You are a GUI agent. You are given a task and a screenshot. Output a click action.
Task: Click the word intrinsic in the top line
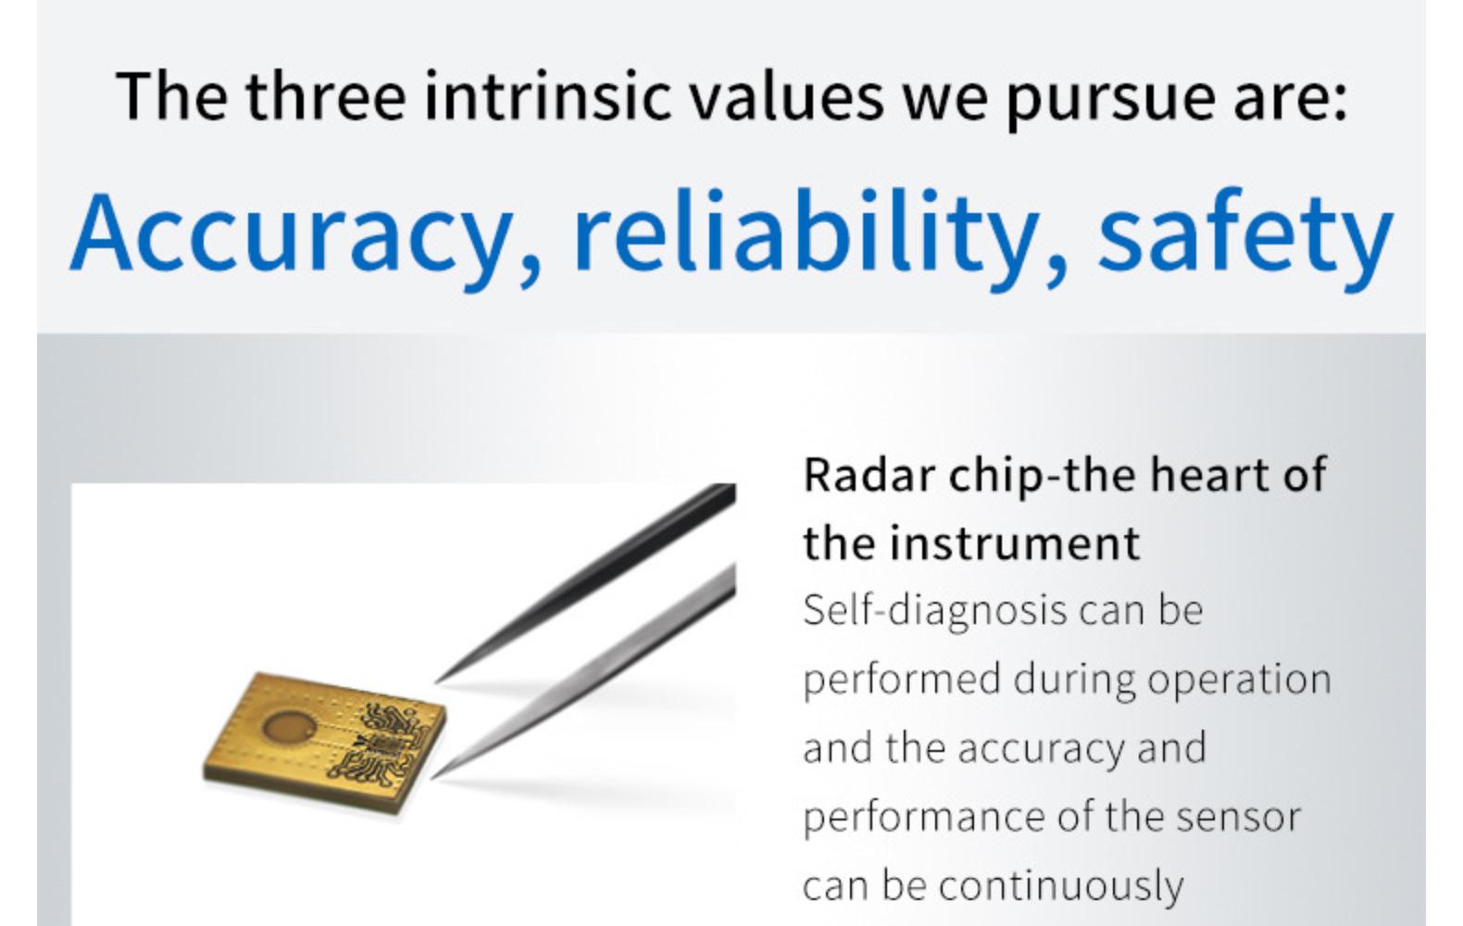[547, 95]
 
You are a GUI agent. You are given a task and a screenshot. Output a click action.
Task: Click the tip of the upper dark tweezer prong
[436, 682]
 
